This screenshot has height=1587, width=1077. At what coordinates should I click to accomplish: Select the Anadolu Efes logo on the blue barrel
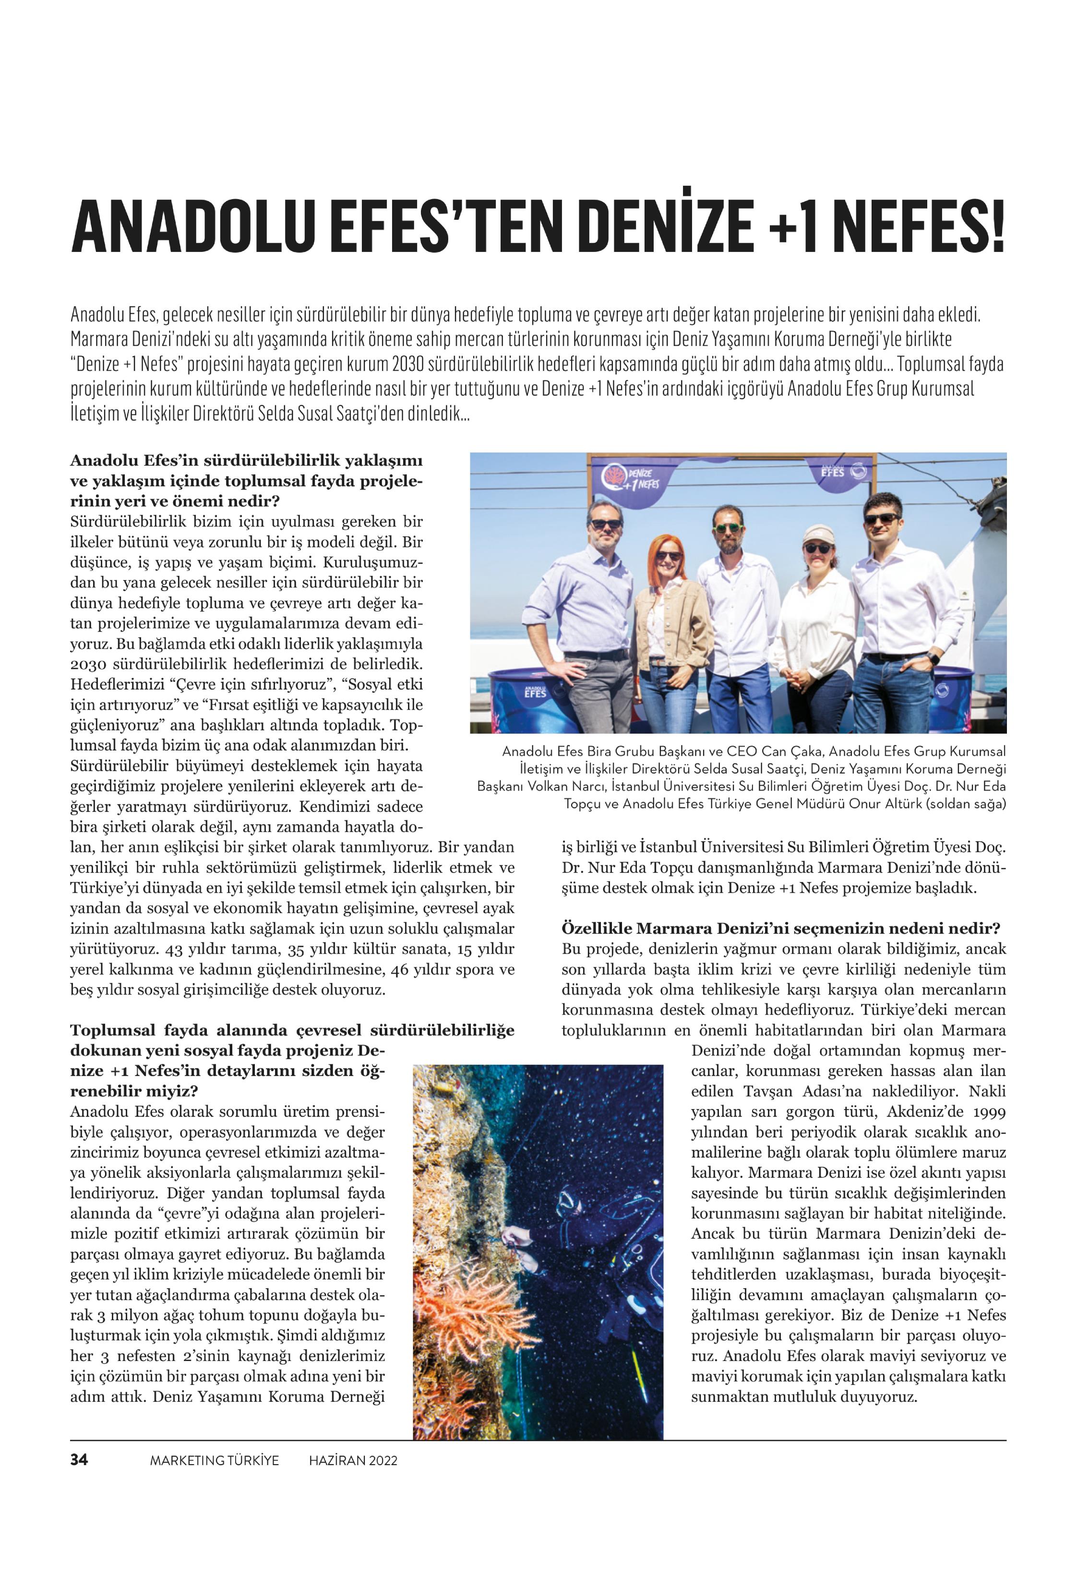[x=536, y=691]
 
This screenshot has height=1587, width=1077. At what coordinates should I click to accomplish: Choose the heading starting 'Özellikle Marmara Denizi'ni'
[x=780, y=928]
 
